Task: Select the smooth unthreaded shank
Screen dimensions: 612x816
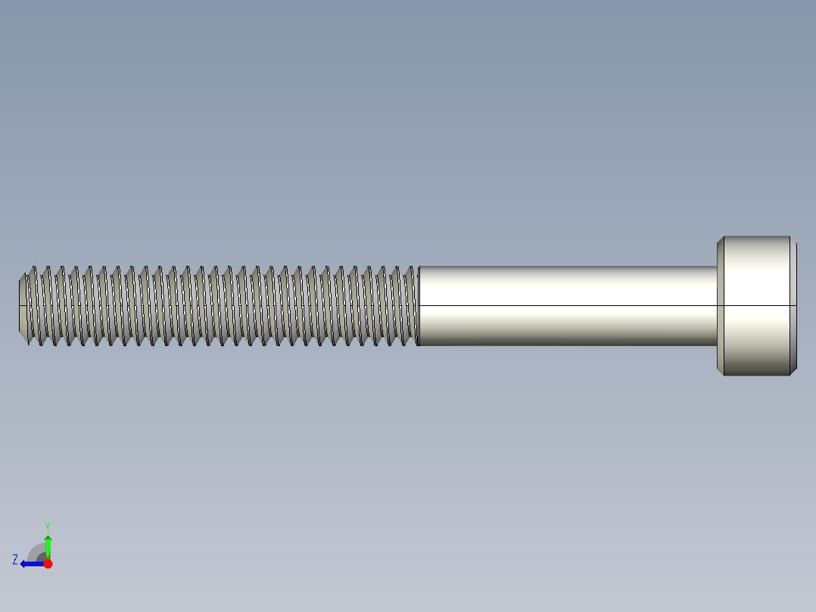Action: [568, 288]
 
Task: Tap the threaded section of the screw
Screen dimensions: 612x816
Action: [220, 305]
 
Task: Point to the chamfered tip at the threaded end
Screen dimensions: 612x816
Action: [23, 306]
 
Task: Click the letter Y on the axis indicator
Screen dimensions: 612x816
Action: [47, 525]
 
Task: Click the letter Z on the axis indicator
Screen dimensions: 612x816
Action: [15, 560]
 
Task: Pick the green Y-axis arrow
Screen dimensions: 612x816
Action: [48, 544]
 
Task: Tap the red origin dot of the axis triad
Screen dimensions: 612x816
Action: [48, 564]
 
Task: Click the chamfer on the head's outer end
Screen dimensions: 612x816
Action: [793, 306]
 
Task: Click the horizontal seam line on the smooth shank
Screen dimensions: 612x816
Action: [568, 305]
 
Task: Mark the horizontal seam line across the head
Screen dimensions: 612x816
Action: [757, 305]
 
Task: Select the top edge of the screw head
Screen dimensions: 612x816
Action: [757, 237]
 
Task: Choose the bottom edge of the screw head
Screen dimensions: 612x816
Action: [757, 375]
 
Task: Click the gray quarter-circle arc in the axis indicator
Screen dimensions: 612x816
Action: [35, 551]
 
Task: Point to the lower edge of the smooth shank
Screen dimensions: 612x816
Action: [568, 345]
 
